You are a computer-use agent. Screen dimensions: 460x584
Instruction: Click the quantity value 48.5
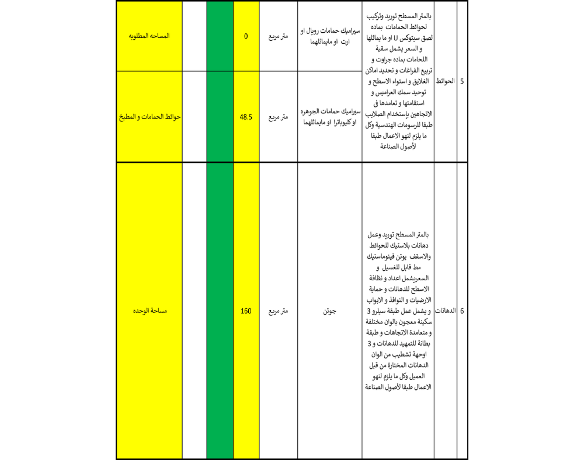pos(246,117)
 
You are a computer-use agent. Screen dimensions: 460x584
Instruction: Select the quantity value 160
pos(246,311)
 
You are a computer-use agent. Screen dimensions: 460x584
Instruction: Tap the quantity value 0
pos(246,36)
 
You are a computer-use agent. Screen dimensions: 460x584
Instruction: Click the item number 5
pos(462,81)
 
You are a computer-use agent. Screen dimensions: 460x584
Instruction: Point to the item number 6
pos(462,311)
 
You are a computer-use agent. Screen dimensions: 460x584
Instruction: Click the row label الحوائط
pos(446,81)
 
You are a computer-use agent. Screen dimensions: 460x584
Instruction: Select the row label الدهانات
pos(446,311)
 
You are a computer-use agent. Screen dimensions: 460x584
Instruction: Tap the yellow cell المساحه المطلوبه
pos(149,36)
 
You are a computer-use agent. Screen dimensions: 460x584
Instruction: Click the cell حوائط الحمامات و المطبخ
pos(149,117)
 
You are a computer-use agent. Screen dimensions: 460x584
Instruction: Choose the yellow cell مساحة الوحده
pos(149,311)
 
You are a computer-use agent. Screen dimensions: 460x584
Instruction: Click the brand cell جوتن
pos(330,311)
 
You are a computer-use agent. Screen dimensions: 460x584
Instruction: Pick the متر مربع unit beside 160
pos(278,311)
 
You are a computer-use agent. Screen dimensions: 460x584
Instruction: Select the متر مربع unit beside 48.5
pos(278,117)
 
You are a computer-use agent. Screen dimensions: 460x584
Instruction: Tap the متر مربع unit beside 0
pos(278,36)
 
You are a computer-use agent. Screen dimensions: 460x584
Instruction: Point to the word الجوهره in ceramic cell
pos(313,111)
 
